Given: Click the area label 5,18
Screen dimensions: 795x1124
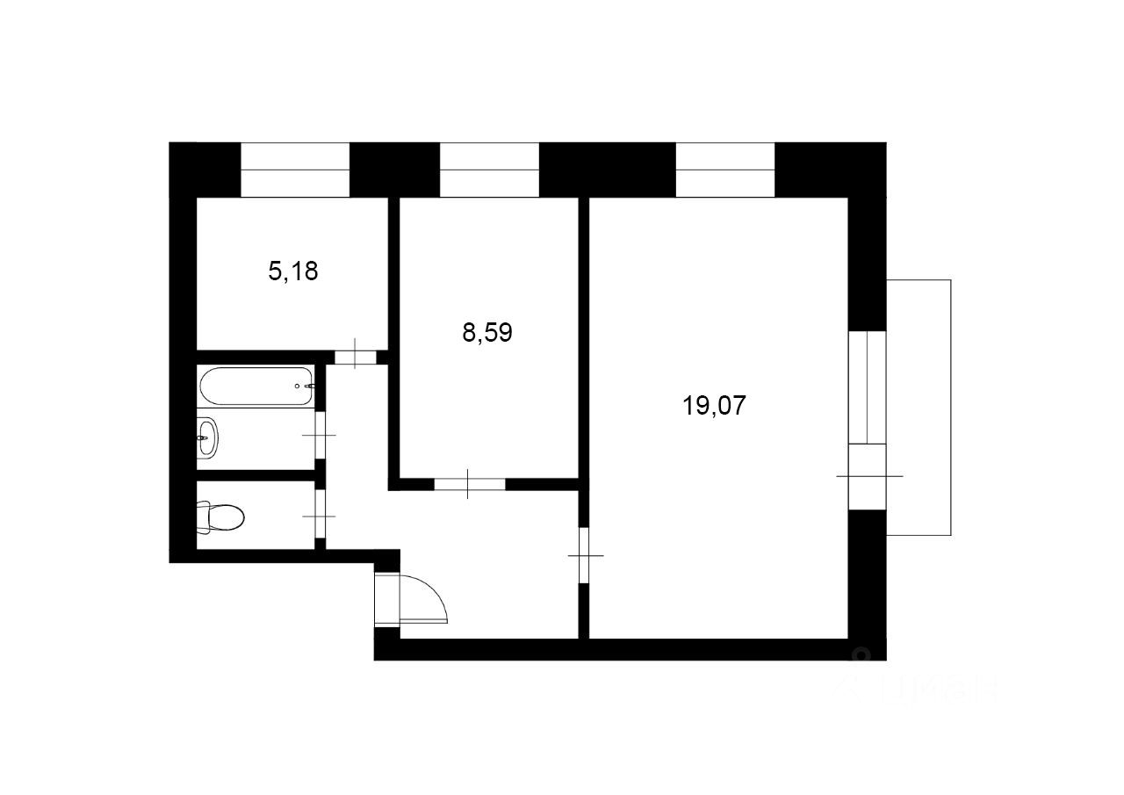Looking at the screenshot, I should pyautogui.click(x=292, y=271).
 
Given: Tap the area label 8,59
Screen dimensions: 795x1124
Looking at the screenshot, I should pyautogui.click(x=486, y=333).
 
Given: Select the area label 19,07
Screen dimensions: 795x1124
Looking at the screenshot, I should pyautogui.click(x=713, y=406).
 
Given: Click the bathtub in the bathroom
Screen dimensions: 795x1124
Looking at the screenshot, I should pyautogui.click(x=256, y=386).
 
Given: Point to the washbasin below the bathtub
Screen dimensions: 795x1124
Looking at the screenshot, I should pyautogui.click(x=206, y=437).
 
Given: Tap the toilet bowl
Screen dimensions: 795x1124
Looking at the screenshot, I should pyautogui.click(x=225, y=517).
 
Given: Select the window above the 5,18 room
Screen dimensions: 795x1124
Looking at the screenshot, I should pyautogui.click(x=295, y=170).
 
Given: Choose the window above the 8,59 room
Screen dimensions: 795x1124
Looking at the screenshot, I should pyautogui.click(x=489, y=170).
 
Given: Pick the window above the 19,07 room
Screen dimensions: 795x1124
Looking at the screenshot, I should pyautogui.click(x=725, y=170).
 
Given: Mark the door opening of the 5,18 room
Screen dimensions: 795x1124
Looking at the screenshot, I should pyautogui.click(x=355, y=357).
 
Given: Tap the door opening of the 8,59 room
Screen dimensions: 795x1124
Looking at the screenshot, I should pyautogui.click(x=469, y=483).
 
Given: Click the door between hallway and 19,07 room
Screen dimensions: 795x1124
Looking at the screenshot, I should pyautogui.click(x=584, y=555).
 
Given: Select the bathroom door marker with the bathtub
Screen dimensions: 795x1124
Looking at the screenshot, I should pyautogui.click(x=320, y=435).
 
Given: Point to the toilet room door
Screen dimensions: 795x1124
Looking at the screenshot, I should pyautogui.click(x=320, y=517).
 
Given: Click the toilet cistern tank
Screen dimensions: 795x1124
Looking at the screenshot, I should pyautogui.click(x=203, y=517).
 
